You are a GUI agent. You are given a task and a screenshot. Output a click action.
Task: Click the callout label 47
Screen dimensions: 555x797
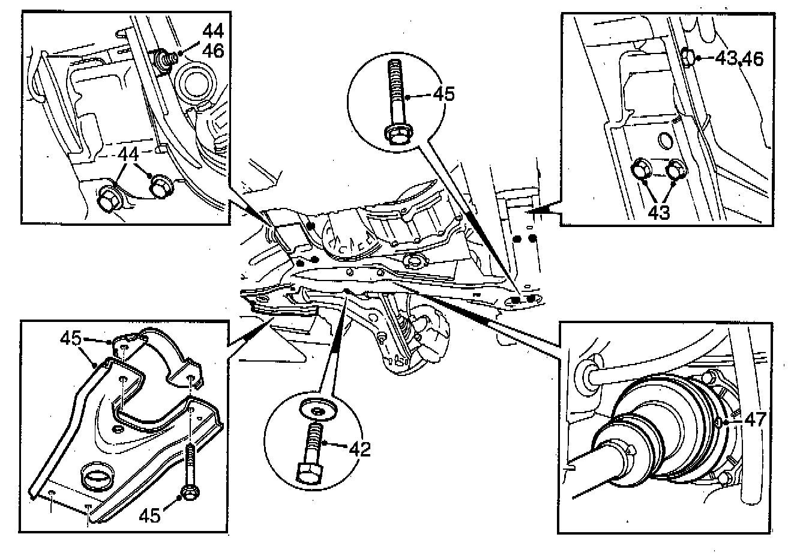tap(755, 420)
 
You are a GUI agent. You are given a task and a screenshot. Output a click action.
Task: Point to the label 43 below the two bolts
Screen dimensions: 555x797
tap(659, 213)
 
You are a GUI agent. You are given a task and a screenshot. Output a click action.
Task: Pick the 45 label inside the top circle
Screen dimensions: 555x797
tap(442, 94)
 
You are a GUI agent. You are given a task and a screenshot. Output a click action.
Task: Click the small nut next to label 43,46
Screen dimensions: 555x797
tap(689, 58)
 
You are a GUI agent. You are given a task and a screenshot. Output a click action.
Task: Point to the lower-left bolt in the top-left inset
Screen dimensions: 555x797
tap(109, 199)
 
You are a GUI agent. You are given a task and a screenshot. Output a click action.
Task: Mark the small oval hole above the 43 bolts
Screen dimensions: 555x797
tap(666, 140)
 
